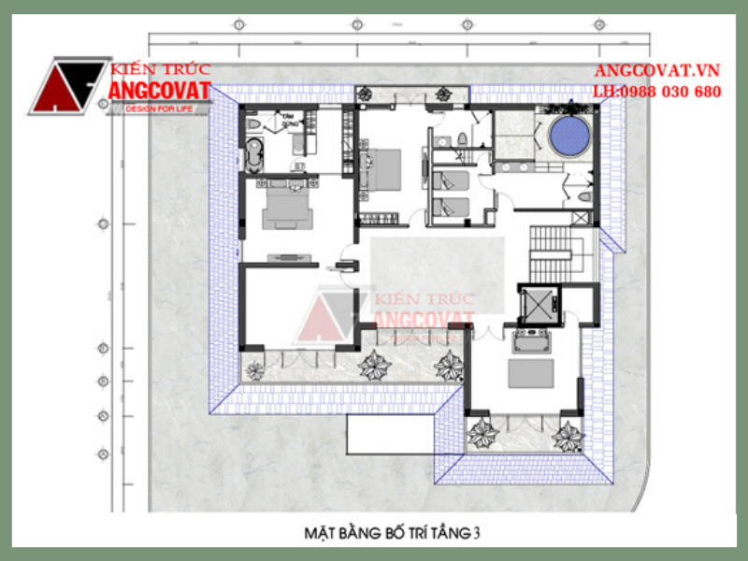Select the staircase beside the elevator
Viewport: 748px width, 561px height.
[x=551, y=253]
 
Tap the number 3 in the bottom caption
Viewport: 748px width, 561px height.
[x=477, y=534]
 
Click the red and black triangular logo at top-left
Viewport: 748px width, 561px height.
[x=65, y=87]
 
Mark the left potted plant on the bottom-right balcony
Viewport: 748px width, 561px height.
[x=483, y=433]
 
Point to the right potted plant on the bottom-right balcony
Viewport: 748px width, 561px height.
[x=567, y=435]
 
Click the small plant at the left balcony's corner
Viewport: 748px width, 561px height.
[x=254, y=370]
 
